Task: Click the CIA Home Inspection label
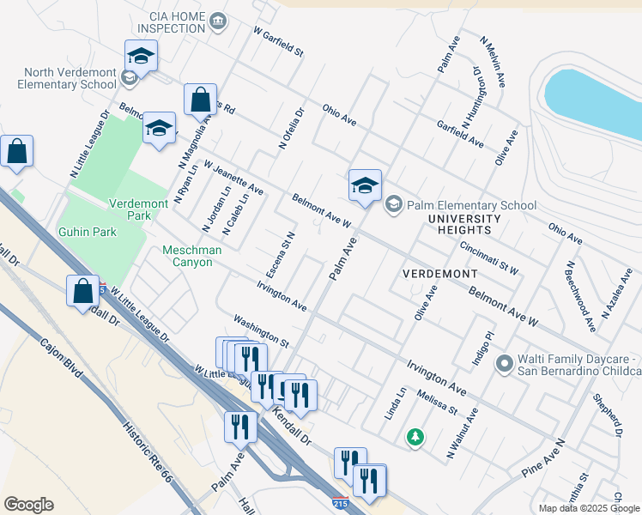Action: click(x=161, y=21)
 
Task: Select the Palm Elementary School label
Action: click(x=471, y=205)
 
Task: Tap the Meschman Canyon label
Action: click(x=187, y=256)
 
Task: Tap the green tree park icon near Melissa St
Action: click(x=415, y=438)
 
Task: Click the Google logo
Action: click(x=29, y=505)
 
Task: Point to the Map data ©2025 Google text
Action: click(x=589, y=508)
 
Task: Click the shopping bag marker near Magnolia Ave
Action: click(x=200, y=101)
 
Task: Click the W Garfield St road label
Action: click(x=278, y=41)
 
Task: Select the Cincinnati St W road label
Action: click(x=488, y=257)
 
